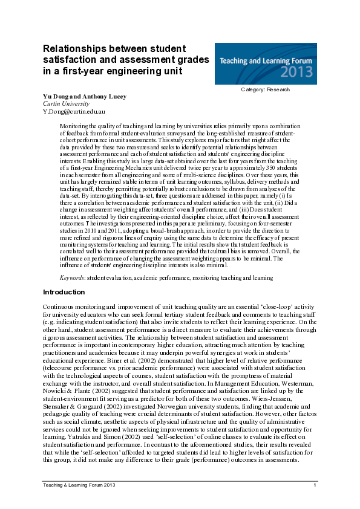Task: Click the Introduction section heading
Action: (x=64, y=292)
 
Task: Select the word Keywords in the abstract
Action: (x=71, y=277)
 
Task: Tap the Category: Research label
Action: (x=266, y=89)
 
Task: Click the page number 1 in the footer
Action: (x=315, y=485)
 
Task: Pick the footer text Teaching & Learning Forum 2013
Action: (x=79, y=485)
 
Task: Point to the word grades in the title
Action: (x=192, y=60)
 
